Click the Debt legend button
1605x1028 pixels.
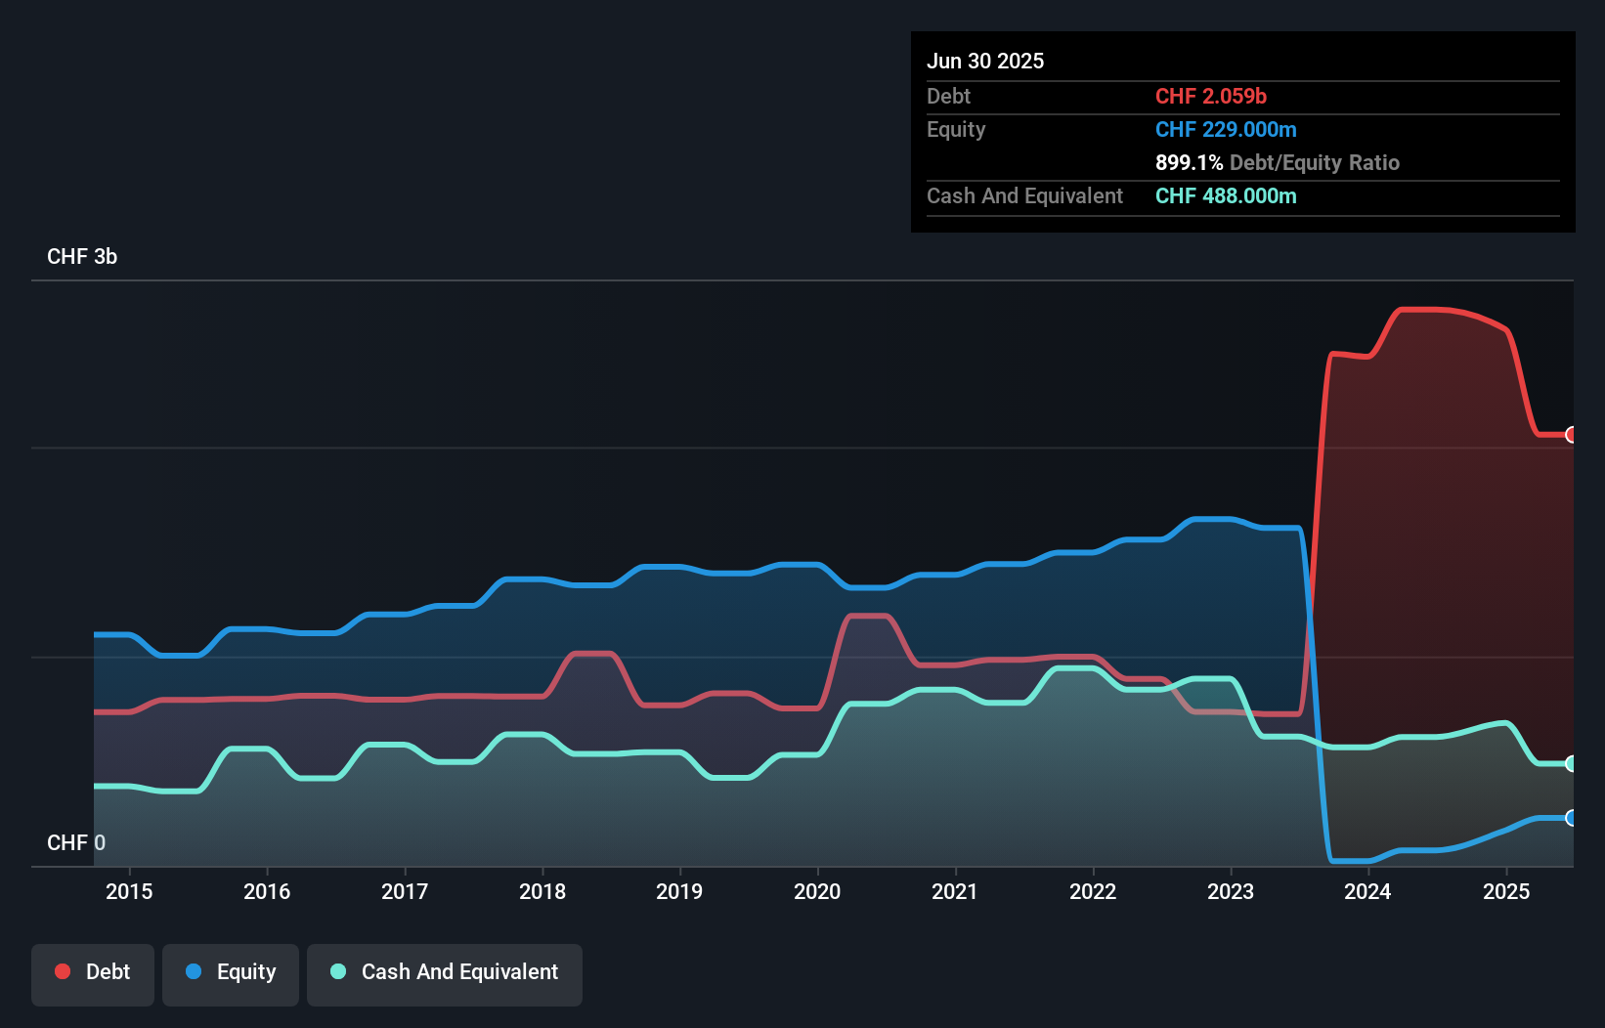click(93, 972)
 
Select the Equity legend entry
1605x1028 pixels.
click(231, 972)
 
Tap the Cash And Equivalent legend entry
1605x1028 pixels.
click(445, 972)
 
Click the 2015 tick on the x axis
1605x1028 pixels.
click(129, 891)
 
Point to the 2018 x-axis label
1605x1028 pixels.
click(542, 891)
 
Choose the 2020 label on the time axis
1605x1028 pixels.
click(817, 891)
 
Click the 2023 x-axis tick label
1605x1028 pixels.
click(1231, 891)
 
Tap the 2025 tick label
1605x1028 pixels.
click(1506, 891)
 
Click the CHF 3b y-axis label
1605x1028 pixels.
click(82, 257)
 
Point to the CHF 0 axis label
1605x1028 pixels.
click(76, 842)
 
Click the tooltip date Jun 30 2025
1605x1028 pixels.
click(985, 61)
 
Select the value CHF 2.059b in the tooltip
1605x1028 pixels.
click(1211, 96)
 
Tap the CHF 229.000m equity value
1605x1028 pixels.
click(1226, 129)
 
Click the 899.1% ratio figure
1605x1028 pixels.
click(1189, 162)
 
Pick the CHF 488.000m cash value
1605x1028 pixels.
click(1226, 195)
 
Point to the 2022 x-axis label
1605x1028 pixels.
click(1093, 891)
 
